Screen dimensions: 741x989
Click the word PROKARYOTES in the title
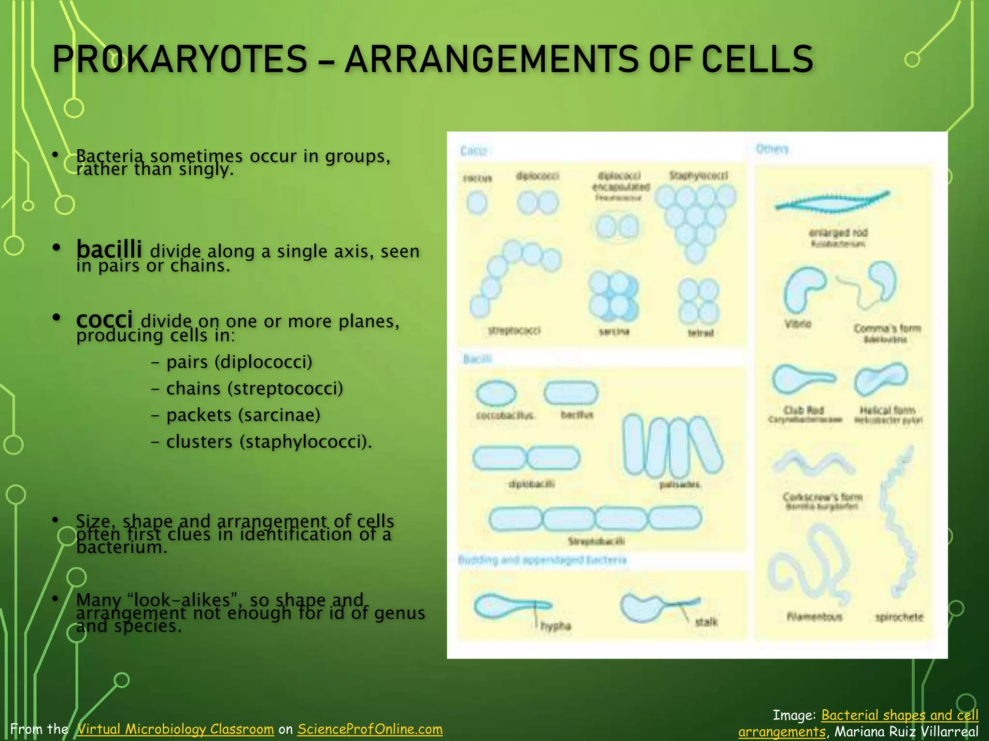click(x=180, y=59)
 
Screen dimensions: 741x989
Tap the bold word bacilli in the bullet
click(x=109, y=249)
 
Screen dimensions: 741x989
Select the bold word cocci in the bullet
click(x=104, y=319)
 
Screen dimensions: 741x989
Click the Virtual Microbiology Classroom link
click(x=176, y=729)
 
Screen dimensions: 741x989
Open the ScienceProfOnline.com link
click(x=370, y=729)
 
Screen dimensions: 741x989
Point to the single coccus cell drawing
click(x=477, y=202)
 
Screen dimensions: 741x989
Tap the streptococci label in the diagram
click(x=514, y=330)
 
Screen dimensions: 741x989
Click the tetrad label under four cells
click(x=700, y=333)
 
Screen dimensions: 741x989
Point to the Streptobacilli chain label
click(x=596, y=541)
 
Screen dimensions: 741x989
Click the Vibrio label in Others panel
click(x=798, y=324)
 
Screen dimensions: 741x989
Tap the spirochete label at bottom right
click(x=899, y=617)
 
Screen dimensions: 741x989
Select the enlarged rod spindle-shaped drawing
click(x=832, y=202)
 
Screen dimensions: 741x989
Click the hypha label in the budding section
click(x=555, y=626)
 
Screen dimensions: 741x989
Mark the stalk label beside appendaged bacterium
click(x=706, y=622)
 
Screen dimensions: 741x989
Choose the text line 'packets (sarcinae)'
click(x=243, y=415)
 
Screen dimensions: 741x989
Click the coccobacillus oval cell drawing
click(x=496, y=393)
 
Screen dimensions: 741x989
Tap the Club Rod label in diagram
click(x=804, y=410)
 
